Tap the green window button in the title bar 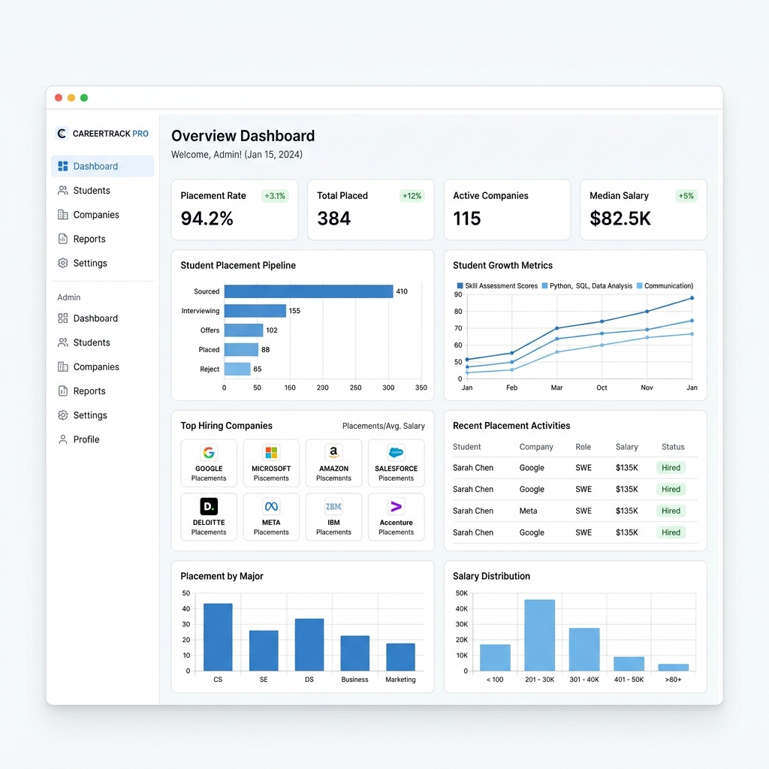(84, 98)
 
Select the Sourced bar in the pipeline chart (309, 291)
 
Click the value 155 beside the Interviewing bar (294, 311)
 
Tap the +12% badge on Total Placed (412, 196)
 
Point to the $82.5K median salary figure (620, 219)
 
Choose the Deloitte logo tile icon (209, 506)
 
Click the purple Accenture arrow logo (397, 506)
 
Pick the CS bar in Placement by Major (218, 637)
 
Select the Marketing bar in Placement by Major (401, 657)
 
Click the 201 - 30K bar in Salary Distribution (539, 635)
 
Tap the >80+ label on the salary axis (673, 679)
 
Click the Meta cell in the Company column (528, 511)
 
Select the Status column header (673, 447)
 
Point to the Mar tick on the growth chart (556, 388)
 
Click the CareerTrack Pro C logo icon (62, 134)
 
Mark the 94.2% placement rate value (207, 219)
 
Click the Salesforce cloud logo (397, 452)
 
